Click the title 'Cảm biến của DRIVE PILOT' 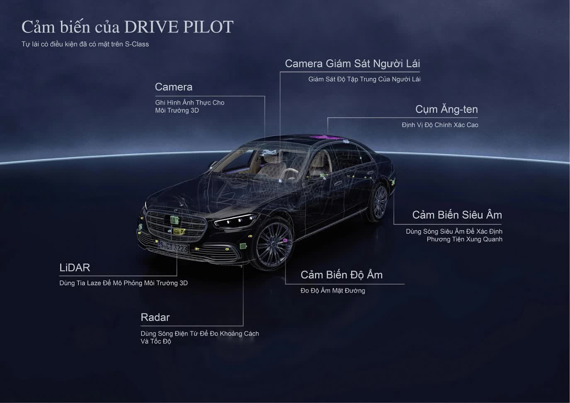(127, 27)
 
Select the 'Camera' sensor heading (173, 87)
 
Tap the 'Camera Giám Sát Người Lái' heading (352, 63)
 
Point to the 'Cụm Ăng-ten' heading (446, 109)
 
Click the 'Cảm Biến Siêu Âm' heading (457, 215)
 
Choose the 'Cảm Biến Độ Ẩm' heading (341, 275)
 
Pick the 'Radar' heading (155, 318)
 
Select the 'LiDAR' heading (75, 268)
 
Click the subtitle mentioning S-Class (85, 44)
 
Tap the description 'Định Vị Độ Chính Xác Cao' (440, 125)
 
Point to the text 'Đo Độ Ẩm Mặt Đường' (332, 291)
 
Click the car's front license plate (174, 248)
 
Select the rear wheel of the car (379, 203)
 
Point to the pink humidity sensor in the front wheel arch (285, 240)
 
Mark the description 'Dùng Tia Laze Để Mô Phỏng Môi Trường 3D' (123, 283)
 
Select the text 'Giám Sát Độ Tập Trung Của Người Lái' (364, 79)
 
